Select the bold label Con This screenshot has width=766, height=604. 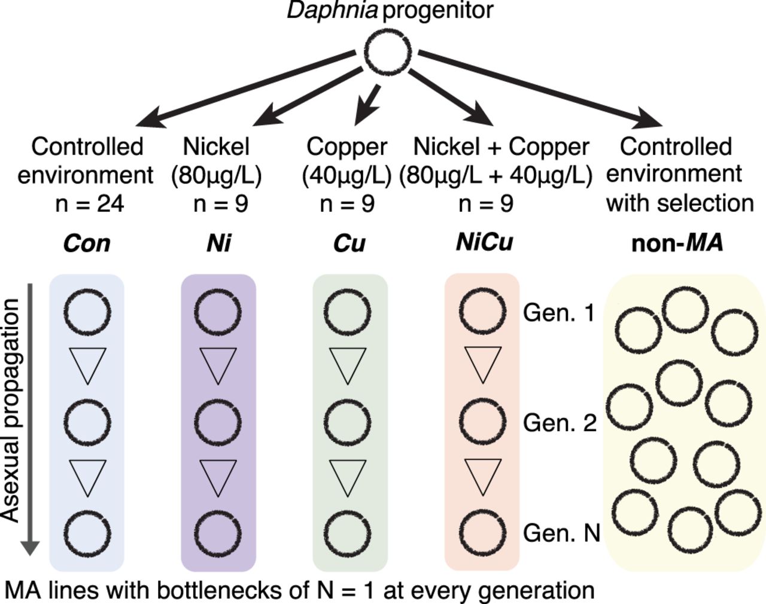click(87, 243)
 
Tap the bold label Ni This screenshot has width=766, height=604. click(218, 243)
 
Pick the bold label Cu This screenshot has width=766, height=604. click(349, 243)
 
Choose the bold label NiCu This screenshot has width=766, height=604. click(484, 242)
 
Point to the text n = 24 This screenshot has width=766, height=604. click(89, 204)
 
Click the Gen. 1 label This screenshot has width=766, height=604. click(559, 313)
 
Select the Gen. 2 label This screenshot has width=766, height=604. click(560, 423)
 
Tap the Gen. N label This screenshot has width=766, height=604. click(561, 532)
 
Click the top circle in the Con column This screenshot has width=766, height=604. click(87, 312)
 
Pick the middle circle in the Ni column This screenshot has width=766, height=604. click(218, 422)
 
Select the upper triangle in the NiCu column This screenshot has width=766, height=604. click(482, 365)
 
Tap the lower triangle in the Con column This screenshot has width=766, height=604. click(87, 477)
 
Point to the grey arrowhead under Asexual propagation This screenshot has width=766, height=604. click(30, 548)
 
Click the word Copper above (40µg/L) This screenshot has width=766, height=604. click(346, 147)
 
